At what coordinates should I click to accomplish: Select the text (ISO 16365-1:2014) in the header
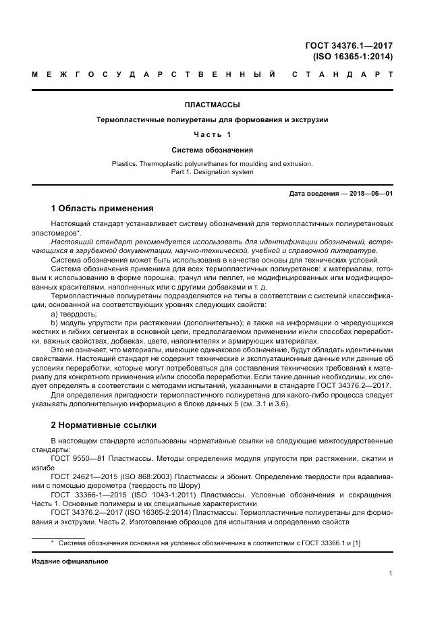352,57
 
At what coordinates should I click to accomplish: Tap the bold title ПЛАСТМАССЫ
213,105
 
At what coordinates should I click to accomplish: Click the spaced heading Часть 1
213,134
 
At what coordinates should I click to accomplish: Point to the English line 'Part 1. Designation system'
213,172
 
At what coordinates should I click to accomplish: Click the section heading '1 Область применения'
102,208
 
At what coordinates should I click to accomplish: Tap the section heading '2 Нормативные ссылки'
103,425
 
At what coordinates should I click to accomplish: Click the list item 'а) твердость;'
74,314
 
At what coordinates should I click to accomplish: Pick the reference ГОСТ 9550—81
76,458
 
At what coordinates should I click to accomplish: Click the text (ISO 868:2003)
142,476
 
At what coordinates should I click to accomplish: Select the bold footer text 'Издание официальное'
70,561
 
